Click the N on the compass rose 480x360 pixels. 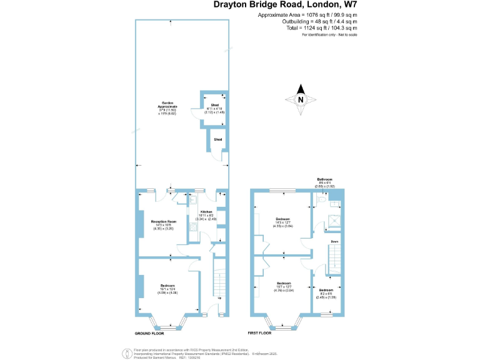(300, 99)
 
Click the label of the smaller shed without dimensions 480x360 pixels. (217, 139)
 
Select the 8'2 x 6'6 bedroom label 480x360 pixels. (326, 292)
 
